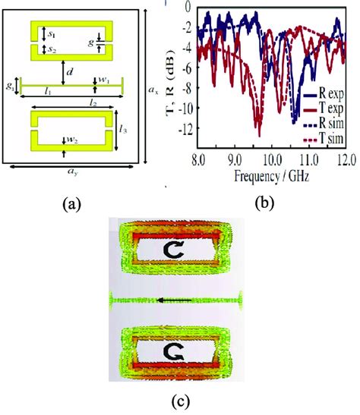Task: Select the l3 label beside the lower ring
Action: click(122, 130)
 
